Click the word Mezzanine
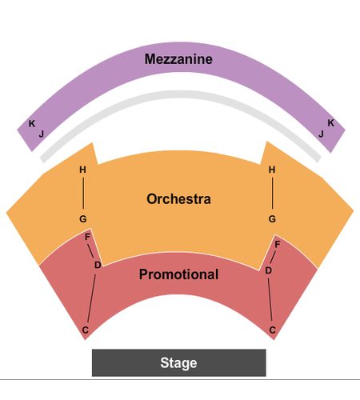[x=178, y=59]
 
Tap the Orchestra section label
[x=178, y=199]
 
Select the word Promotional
[x=178, y=274]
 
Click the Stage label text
[x=178, y=363]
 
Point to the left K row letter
[x=32, y=123]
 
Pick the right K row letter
[x=330, y=123]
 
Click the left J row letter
[x=42, y=134]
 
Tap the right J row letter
[x=321, y=134]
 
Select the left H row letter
[x=82, y=170]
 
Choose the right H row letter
[x=272, y=170]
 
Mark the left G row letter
[x=83, y=219]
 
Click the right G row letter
[x=272, y=219]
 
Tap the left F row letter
[x=87, y=237]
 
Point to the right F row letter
[x=278, y=244]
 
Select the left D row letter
[x=98, y=265]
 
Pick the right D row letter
[x=268, y=270]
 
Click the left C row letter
[x=85, y=330]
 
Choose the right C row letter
[x=272, y=330]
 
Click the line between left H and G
[x=83, y=194]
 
